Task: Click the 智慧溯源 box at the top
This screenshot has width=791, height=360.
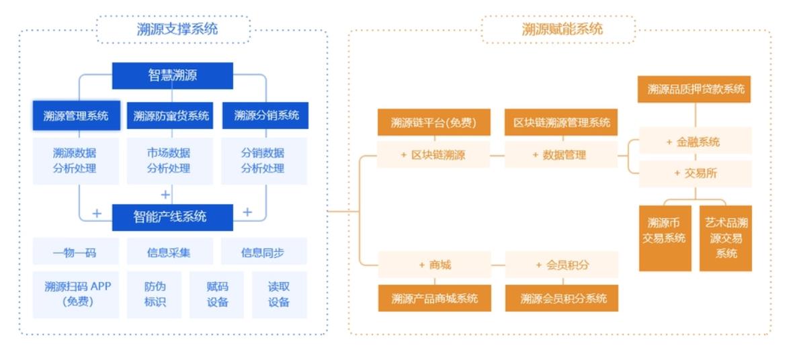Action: click(x=172, y=75)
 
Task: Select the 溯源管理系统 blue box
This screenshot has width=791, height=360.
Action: click(x=76, y=116)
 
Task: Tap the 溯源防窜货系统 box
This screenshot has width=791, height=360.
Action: click(x=171, y=116)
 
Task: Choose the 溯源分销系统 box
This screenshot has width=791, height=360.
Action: click(x=265, y=116)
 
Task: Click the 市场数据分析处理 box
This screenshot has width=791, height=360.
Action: click(x=169, y=161)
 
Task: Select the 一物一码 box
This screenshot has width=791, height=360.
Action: click(x=75, y=253)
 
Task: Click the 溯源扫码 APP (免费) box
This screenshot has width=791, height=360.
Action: click(x=76, y=294)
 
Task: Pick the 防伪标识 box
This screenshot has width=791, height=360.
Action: click(x=154, y=294)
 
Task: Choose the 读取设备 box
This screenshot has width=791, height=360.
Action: click(x=279, y=294)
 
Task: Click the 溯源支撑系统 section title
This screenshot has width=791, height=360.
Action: click(x=174, y=29)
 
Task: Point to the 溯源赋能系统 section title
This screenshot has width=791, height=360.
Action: click(x=558, y=29)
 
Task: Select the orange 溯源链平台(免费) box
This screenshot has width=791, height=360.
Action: click(x=433, y=122)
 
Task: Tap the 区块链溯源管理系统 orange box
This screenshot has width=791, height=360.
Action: click(x=562, y=122)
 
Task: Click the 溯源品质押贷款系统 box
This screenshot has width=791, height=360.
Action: click(x=694, y=89)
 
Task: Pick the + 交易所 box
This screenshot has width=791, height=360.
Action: click(x=694, y=173)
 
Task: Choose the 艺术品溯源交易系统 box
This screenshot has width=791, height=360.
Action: click(x=726, y=238)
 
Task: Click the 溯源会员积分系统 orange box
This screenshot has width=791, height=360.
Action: click(x=562, y=298)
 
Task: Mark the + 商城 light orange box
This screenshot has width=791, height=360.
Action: click(x=434, y=265)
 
